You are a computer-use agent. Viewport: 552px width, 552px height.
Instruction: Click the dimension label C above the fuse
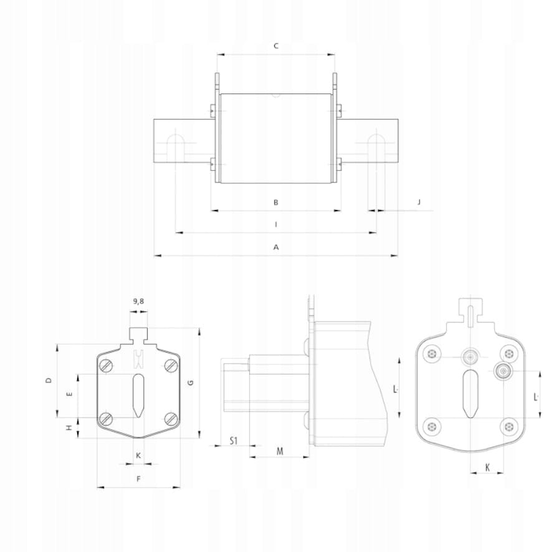(x=276, y=45)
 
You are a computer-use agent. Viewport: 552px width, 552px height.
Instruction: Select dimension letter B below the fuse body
(x=276, y=202)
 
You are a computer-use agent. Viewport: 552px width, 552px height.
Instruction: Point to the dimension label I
(x=276, y=224)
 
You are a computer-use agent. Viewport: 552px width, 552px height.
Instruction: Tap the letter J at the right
(x=419, y=202)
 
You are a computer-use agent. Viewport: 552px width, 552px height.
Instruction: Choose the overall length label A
(x=276, y=247)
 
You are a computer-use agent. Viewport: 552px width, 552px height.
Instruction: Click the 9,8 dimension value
(x=138, y=302)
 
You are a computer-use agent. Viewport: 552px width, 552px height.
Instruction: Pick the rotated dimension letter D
(x=49, y=380)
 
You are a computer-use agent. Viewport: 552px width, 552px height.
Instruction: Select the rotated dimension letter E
(x=70, y=394)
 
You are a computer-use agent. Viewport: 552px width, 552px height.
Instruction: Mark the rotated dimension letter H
(x=70, y=428)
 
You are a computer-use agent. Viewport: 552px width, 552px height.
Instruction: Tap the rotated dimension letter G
(x=191, y=383)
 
